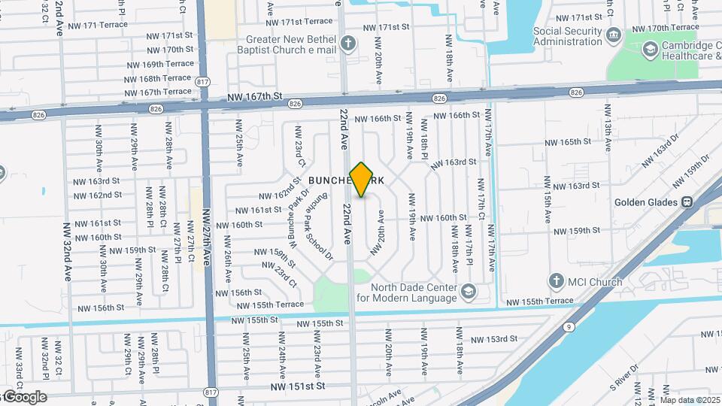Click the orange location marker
(362, 180)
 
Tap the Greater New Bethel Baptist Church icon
(347, 42)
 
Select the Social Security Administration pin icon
(613, 35)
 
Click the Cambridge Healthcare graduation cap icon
(650, 50)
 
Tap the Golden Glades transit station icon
(687, 201)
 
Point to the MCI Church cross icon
(557, 282)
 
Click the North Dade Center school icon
(469, 291)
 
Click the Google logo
(24, 397)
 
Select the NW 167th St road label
(255, 97)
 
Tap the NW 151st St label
(298, 386)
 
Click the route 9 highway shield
(569, 327)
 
